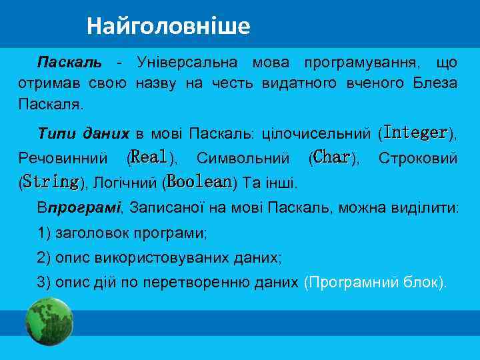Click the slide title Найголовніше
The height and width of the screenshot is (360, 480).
tap(168, 26)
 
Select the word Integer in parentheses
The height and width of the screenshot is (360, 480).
tap(415, 133)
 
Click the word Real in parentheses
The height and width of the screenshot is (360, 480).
tap(149, 157)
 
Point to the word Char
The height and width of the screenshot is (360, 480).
tap(331, 157)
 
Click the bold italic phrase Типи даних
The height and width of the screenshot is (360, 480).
tap(83, 133)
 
